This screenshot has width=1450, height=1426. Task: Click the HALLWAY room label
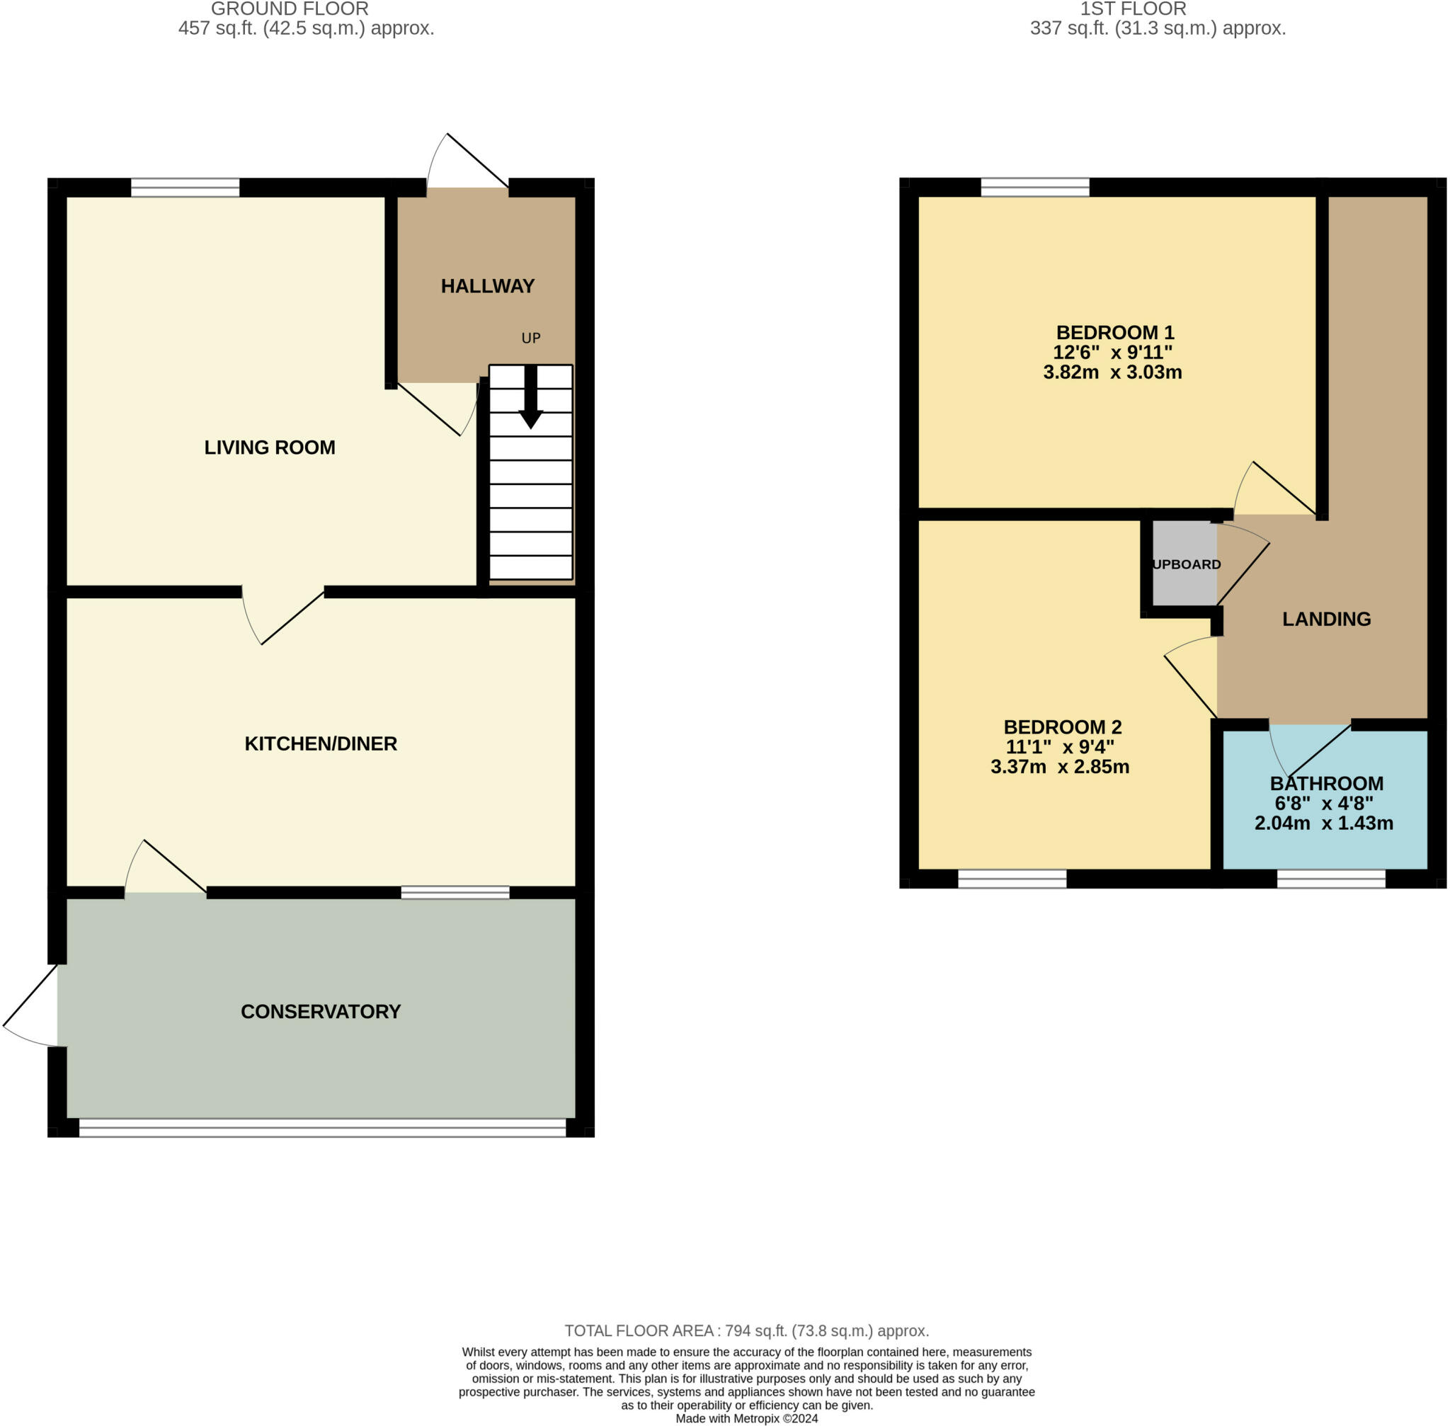coord(487,286)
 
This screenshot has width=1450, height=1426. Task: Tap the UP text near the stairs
coord(530,338)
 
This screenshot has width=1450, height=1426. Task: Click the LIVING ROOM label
coord(270,447)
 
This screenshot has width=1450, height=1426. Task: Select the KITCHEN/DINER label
coord(321,743)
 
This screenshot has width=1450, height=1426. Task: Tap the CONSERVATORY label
coord(321,1012)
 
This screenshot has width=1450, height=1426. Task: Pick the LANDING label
coord(1325,620)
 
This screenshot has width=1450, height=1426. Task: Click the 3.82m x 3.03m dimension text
coord(1112,372)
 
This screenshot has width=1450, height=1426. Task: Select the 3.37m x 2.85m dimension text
coord(1059,767)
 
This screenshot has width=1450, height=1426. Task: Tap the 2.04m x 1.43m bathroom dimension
coord(1323,824)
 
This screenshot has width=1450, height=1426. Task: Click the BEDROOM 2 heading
coord(1062,727)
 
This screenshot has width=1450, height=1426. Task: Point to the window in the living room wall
coord(185,187)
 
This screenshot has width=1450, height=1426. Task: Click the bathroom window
coord(1330,879)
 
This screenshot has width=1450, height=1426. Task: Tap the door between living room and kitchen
coord(283,618)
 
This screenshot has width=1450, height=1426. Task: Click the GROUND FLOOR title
coord(289,9)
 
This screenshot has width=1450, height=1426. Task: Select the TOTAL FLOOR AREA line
coord(746,1331)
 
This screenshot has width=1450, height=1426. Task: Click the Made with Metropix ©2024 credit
coord(746,1418)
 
